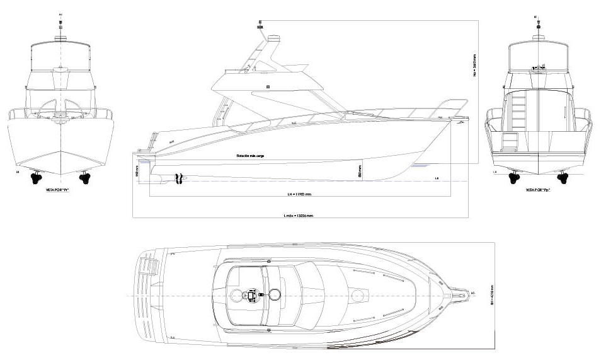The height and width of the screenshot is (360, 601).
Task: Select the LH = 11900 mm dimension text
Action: (299, 194)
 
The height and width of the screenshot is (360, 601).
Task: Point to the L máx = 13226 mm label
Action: (299, 215)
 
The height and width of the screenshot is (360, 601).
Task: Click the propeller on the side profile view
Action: (178, 178)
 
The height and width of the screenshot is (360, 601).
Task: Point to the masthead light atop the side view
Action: (259, 25)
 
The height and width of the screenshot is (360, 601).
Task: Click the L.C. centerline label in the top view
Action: (472, 293)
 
